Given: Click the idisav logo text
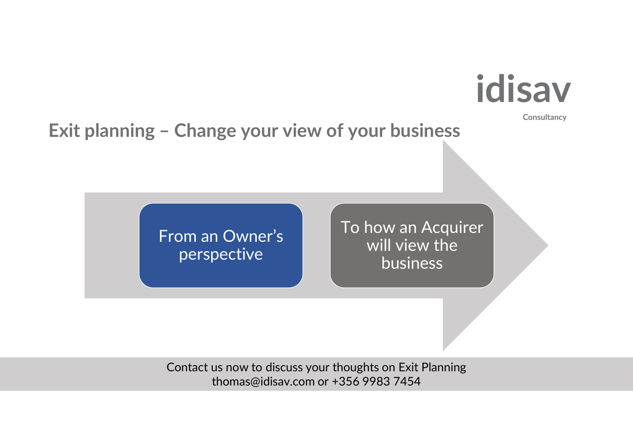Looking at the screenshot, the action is pos(524,88).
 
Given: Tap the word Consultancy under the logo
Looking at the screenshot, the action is pos(545,117).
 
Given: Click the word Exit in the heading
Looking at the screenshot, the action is pos(64,131).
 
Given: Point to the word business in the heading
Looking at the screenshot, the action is pos(425,131).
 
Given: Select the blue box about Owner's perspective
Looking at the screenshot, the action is pos(221,245).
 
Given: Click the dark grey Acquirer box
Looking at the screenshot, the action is pos(412,245).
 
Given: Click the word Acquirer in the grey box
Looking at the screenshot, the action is pos(453,228).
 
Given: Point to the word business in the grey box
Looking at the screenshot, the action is pos(412,263).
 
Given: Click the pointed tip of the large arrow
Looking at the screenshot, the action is pos(548,245).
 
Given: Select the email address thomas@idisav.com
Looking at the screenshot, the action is pos(263,382).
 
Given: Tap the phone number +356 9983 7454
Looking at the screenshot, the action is pos(376,382).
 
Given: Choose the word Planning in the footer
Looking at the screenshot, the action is pos(443,368).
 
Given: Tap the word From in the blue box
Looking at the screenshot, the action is pos(178,236).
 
